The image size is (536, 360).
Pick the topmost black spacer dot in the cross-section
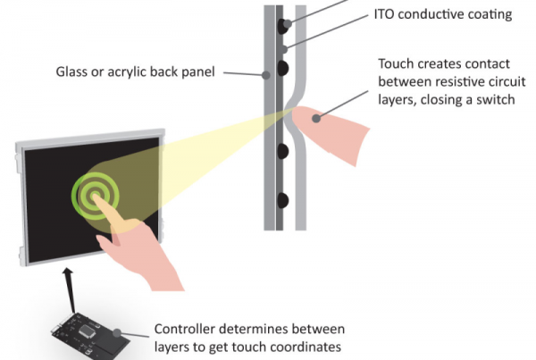(x=283, y=24)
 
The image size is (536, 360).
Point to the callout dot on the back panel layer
(x=265, y=77)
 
